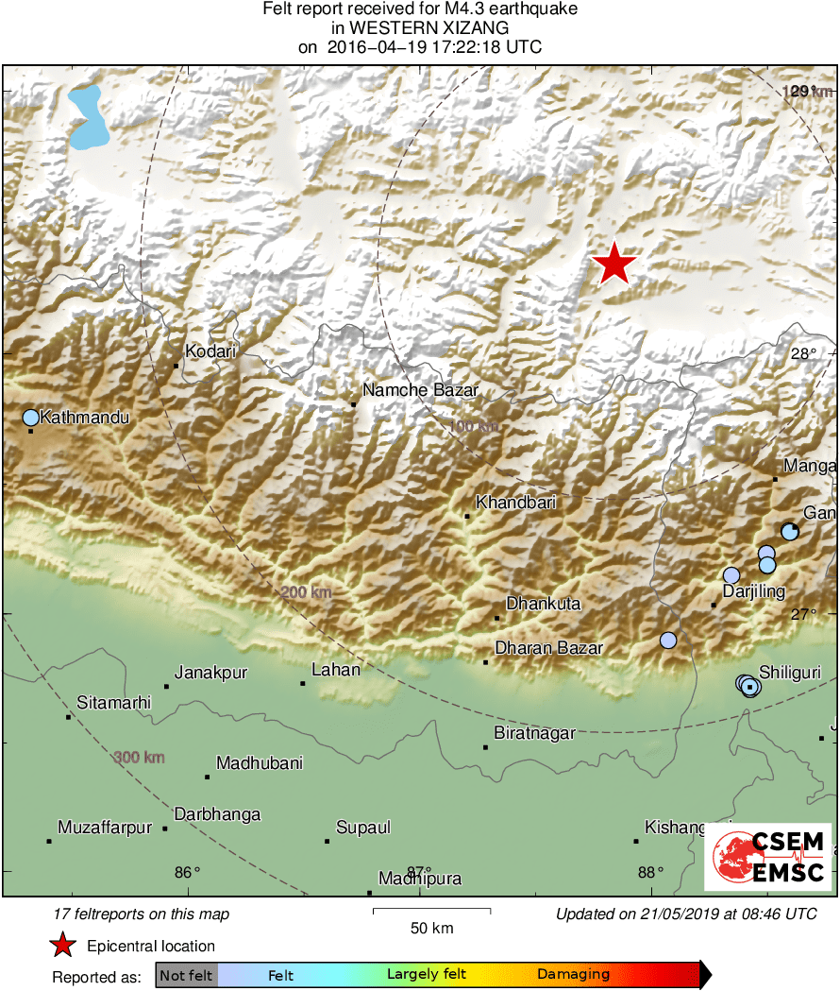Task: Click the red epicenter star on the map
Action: point(614,263)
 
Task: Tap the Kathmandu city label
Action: point(84,417)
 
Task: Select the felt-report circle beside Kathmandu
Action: point(30,417)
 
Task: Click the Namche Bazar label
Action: point(421,390)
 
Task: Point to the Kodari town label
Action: point(210,351)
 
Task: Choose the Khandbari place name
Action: point(515,503)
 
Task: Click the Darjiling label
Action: point(753,591)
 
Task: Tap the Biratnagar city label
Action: point(535,732)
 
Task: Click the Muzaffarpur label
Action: point(105,828)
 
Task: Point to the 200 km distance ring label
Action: point(307,592)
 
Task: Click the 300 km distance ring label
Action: point(140,757)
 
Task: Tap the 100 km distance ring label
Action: point(473,427)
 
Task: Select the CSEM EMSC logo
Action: point(767,857)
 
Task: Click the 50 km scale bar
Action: point(431,911)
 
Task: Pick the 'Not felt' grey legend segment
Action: point(186,974)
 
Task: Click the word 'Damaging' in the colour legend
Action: point(574,974)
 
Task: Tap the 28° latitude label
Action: point(803,354)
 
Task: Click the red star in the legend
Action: point(62,946)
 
